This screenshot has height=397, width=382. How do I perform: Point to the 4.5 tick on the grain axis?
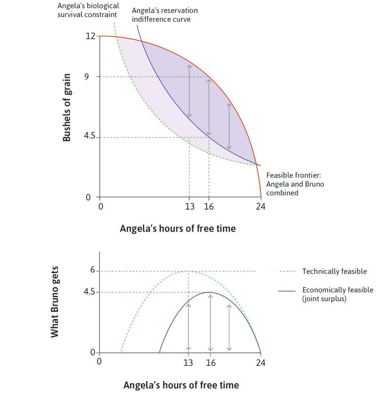(x=90, y=137)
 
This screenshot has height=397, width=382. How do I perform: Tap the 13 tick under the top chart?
(x=189, y=206)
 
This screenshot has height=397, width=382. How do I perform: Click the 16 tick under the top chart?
(x=208, y=206)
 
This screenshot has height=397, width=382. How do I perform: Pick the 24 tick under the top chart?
(x=261, y=206)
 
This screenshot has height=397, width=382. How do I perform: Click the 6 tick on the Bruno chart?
(x=93, y=271)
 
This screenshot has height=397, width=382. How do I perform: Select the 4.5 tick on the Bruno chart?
(x=90, y=292)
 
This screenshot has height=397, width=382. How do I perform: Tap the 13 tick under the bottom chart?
(x=189, y=362)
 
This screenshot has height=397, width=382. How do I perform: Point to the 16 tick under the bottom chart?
(x=210, y=362)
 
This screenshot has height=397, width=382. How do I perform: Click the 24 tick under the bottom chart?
(x=260, y=362)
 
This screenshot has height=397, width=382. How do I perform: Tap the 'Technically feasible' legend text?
(x=334, y=272)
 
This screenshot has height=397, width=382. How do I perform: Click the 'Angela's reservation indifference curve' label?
(x=165, y=14)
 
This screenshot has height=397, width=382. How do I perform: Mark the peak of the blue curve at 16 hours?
(x=209, y=292)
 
